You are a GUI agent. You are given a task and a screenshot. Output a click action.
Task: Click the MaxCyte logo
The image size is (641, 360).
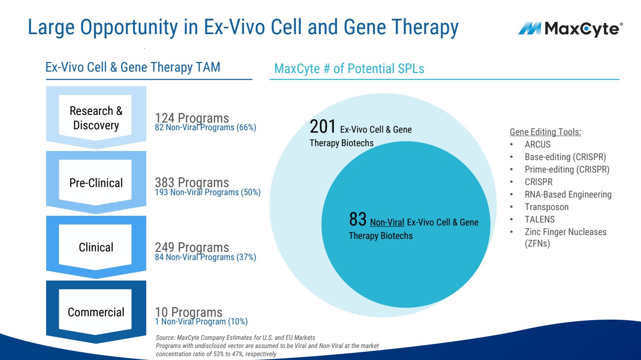(570, 29)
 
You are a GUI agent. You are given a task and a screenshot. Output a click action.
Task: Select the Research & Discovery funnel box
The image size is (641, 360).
(96, 118)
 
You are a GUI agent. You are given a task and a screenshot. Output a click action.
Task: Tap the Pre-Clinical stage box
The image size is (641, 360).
(96, 183)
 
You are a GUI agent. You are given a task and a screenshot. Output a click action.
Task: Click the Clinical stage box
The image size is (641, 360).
(96, 247)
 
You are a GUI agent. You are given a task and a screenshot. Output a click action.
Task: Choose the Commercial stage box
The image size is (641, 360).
(96, 312)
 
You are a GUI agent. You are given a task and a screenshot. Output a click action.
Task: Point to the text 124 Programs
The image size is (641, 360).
(192, 118)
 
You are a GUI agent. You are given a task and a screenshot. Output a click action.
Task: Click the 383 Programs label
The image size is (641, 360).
(192, 183)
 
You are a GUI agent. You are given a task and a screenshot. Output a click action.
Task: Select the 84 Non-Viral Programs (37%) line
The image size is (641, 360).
(205, 257)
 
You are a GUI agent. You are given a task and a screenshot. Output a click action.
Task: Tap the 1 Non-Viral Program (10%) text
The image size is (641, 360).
(201, 322)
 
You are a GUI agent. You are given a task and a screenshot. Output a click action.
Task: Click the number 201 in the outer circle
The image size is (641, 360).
(323, 127)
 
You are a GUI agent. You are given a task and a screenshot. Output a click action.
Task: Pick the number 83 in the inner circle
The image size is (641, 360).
(358, 220)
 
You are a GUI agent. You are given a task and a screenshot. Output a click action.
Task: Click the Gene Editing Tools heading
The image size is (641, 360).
(545, 132)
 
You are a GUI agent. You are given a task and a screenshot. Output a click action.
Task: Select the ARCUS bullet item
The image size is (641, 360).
(538, 144)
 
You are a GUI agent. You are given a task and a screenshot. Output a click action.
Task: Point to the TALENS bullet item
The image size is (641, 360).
(540, 220)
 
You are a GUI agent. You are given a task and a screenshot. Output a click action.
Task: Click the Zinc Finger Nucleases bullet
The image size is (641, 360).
(565, 232)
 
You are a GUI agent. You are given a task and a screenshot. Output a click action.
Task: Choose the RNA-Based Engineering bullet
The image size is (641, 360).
(568, 195)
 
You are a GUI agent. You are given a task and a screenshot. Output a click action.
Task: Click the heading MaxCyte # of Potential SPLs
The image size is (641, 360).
(349, 69)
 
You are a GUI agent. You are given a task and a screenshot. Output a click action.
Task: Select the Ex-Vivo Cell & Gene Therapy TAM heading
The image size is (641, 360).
(133, 67)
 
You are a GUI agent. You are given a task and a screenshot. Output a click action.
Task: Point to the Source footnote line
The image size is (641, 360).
(236, 338)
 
